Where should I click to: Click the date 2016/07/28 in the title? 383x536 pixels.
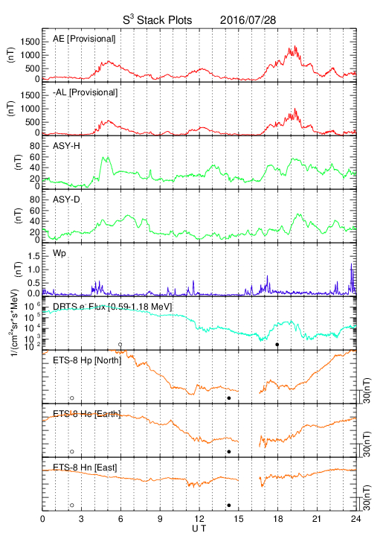click(248, 20)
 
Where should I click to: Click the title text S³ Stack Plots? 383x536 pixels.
click(158, 20)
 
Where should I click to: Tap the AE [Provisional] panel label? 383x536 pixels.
click(84, 39)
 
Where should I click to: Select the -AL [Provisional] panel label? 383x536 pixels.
click(85, 92)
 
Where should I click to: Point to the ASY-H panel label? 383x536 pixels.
click(66, 146)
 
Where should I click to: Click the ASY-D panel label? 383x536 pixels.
click(66, 200)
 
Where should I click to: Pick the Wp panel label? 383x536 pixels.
click(59, 253)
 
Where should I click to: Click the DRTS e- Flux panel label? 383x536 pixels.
click(112, 307)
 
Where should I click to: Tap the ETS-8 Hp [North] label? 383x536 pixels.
click(87, 360)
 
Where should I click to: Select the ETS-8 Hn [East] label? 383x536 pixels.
click(85, 468)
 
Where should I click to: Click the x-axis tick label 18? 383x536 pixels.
click(278, 519)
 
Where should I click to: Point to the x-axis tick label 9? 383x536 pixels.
click(160, 519)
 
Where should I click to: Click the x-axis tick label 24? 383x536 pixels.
click(355, 519)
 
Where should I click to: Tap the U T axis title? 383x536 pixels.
click(199, 529)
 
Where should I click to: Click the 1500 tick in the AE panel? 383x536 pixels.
click(30, 42)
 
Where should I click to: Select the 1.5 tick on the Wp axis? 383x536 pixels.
click(33, 256)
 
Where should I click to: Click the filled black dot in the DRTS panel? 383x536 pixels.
click(277, 345)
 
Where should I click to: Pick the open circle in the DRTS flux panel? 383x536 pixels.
click(120, 345)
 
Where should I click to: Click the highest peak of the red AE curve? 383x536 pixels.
click(295, 46)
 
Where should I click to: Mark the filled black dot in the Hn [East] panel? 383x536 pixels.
click(229, 505)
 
